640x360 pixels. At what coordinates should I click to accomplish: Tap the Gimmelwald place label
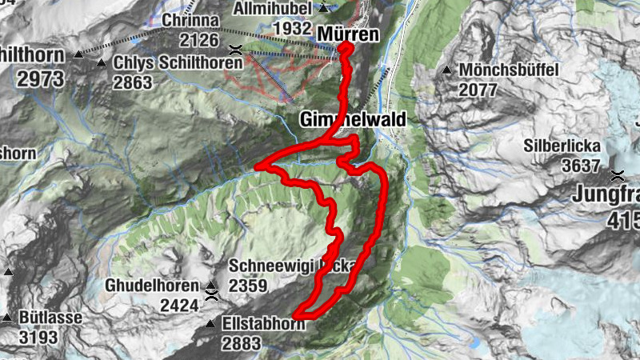tap(353, 119)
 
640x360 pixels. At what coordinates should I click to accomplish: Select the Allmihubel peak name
tap(272, 8)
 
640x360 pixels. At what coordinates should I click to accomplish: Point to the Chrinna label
tap(191, 19)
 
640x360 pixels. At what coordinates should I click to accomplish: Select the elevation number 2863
tap(133, 82)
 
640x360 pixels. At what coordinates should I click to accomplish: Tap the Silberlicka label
tap(562, 146)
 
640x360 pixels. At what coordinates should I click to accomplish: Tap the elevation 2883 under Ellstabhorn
tap(244, 343)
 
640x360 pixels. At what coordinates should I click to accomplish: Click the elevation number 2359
tap(249, 285)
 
